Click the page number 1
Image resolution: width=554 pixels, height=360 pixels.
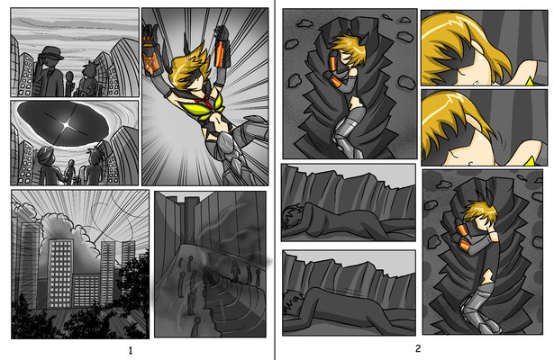coord(131,350)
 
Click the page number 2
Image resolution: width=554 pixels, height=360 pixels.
coord(418,348)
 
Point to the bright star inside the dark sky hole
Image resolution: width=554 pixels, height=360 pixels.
coord(66,124)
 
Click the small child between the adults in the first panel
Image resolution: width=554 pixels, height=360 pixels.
coord(69,84)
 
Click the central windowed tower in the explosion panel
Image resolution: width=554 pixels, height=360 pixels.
coord(60,273)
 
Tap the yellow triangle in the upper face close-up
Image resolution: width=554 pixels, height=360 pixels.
coord(530,82)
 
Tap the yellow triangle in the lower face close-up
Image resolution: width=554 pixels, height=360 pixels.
coord(530,162)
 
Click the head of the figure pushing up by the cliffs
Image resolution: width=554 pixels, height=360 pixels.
coord(294,302)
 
